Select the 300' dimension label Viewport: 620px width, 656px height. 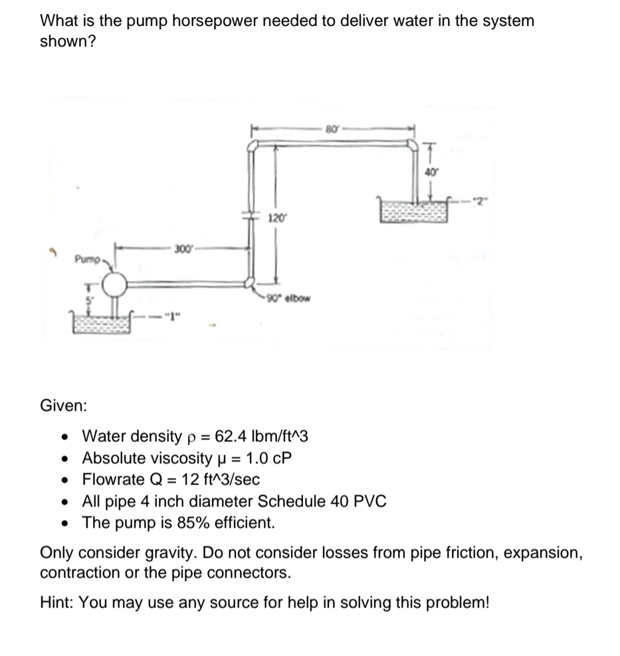coord(181,248)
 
